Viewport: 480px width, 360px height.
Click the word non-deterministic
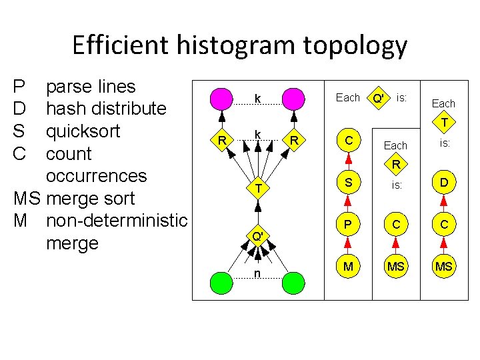pyautogui.click(x=117, y=221)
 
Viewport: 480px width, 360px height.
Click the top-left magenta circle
pyautogui.click(x=222, y=100)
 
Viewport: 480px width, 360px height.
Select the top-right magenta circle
pyautogui.click(x=292, y=100)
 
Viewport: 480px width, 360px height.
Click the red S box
pyautogui.click(x=348, y=182)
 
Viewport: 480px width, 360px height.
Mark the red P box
pyautogui.click(x=348, y=225)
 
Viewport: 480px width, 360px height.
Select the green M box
pyautogui.click(x=348, y=267)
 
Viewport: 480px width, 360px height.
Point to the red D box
pyautogui.click(x=443, y=182)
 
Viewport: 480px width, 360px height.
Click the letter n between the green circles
pyautogui.click(x=257, y=274)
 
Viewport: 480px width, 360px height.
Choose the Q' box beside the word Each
pyautogui.click(x=378, y=99)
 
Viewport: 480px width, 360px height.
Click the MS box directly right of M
pyautogui.click(x=396, y=267)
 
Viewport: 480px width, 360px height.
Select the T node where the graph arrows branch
pyautogui.click(x=257, y=188)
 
